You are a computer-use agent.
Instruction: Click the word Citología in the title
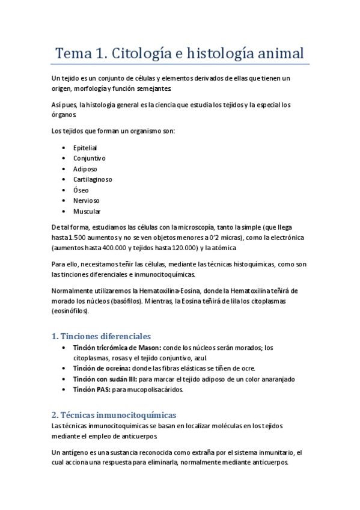(134, 53)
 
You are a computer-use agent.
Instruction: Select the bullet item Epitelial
(85, 147)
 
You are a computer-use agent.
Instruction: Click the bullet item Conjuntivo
(89, 158)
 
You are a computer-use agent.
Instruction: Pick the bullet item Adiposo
(85, 169)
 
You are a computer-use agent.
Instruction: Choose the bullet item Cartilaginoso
(93, 179)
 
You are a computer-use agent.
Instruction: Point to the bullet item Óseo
(81, 190)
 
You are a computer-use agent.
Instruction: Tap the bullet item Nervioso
(87, 201)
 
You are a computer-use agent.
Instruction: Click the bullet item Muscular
(87, 212)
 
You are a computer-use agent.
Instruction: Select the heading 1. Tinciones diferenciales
(101, 336)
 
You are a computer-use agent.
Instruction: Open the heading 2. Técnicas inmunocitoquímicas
(114, 415)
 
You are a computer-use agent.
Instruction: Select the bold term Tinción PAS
(90, 390)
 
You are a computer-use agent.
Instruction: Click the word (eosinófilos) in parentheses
(70, 312)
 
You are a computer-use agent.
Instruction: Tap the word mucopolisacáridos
(153, 390)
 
